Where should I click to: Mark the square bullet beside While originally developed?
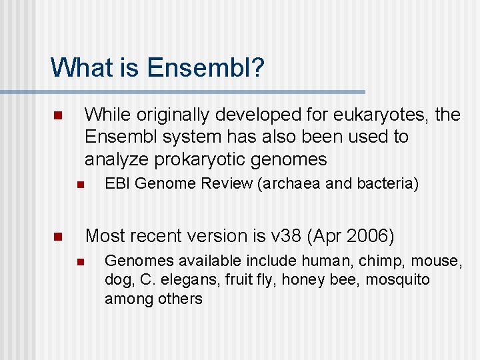pos(57,116)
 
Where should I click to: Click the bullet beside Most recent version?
pos(57,237)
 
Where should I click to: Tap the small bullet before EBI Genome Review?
pos(78,185)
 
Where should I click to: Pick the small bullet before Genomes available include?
pos(78,261)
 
